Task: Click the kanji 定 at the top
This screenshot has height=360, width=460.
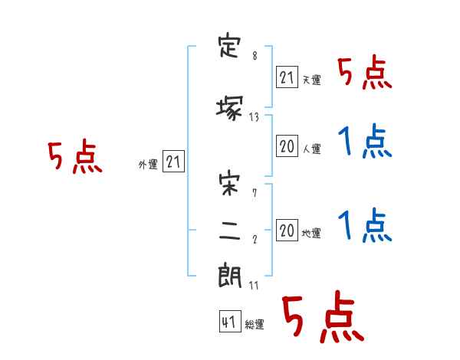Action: click(x=229, y=47)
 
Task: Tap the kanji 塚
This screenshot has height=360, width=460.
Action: click(x=229, y=109)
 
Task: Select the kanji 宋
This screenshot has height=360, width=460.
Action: click(x=229, y=184)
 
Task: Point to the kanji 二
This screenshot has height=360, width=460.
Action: click(x=230, y=231)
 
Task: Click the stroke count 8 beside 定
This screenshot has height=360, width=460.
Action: click(x=255, y=55)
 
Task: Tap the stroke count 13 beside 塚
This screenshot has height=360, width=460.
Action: click(x=254, y=117)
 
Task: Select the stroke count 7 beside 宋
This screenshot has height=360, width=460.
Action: click(x=255, y=193)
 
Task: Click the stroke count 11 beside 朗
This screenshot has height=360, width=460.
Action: click(x=254, y=285)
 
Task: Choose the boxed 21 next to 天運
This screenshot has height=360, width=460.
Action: click(x=287, y=77)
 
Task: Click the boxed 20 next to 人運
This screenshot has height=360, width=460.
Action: click(x=287, y=146)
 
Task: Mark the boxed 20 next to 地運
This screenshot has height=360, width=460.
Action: click(x=287, y=230)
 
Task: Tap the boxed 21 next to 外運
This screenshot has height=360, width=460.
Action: click(x=173, y=162)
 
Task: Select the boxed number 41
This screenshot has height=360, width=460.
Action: click(x=230, y=322)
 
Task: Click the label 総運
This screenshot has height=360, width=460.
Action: click(x=255, y=325)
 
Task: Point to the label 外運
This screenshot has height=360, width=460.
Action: click(x=148, y=165)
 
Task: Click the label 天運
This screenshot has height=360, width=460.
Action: click(x=312, y=80)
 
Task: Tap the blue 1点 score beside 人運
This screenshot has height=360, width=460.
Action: click(x=365, y=141)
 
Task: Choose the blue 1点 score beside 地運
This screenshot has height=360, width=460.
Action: click(x=365, y=225)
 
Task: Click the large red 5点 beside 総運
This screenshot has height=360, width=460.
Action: click(x=323, y=316)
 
